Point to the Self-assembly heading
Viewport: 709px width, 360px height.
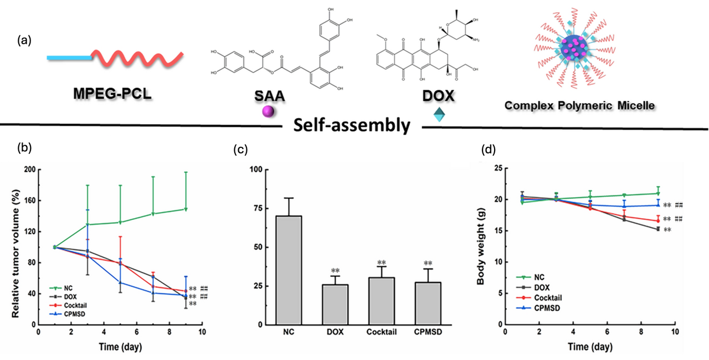(350, 125)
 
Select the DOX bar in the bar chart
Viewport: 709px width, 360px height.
(335, 304)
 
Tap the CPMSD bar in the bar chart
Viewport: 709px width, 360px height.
(428, 303)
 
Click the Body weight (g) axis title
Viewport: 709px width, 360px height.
(482, 246)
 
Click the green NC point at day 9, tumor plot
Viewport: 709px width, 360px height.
(186, 209)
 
